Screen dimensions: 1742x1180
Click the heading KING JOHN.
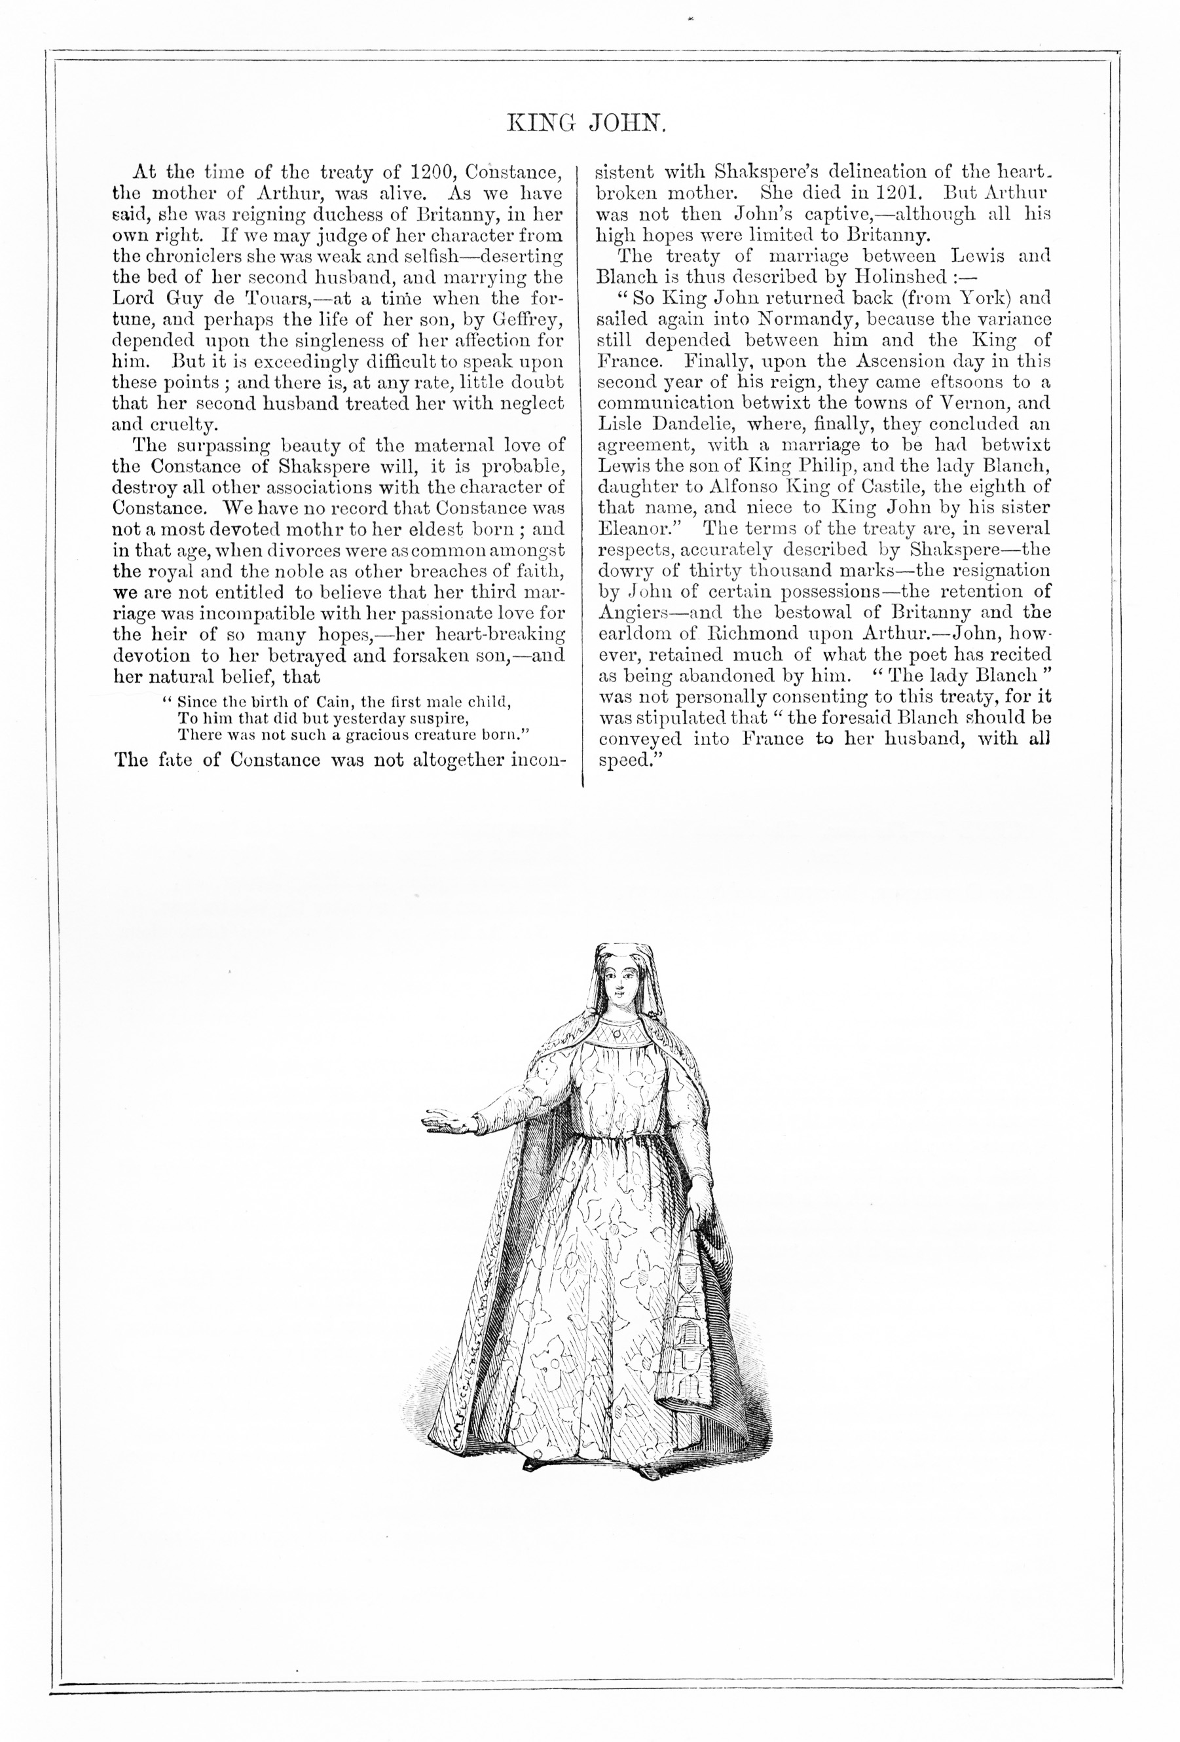point(586,122)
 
